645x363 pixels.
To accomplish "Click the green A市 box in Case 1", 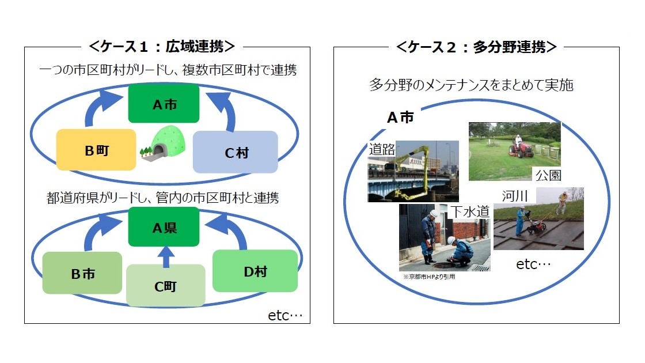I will [164, 104].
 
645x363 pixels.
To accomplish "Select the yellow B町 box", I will [97, 150].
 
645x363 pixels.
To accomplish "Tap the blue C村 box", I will [235, 153].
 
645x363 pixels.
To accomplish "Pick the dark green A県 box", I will [164, 227].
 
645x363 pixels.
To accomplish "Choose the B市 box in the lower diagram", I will [82, 273].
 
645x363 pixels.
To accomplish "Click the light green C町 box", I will [165, 285].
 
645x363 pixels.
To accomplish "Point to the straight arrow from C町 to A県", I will [165, 256].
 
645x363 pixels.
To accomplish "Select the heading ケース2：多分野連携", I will [476, 47].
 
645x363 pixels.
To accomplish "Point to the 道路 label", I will [382, 150].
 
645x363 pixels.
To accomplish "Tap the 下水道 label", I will [470, 211].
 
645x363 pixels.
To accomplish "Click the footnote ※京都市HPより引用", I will [429, 276].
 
